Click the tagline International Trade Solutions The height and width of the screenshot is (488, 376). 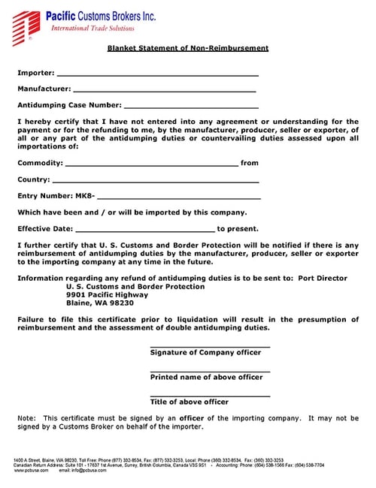[x=92, y=29]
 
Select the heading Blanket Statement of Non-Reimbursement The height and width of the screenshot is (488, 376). [x=187, y=49]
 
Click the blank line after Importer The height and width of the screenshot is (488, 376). [x=157, y=74]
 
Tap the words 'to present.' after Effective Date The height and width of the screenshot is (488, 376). [x=238, y=229]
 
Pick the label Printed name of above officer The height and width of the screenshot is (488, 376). [x=206, y=377]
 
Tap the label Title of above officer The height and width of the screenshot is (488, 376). [x=189, y=402]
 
